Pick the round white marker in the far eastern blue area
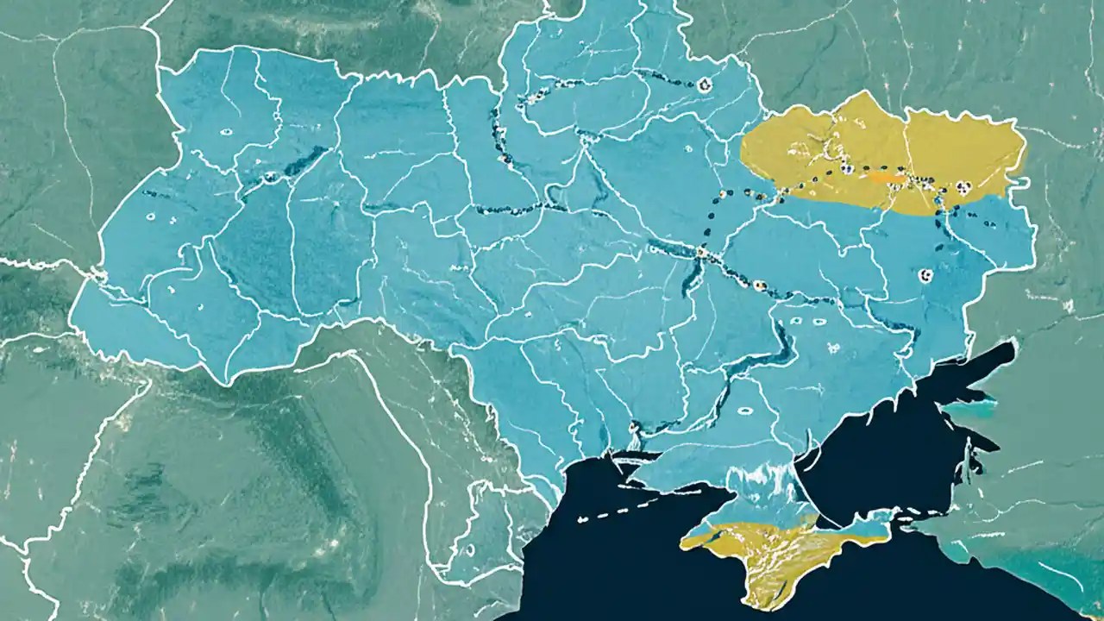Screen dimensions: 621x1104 tap(926, 275)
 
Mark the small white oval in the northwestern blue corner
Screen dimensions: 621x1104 tap(226, 132)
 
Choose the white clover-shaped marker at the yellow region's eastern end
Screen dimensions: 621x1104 tap(963, 186)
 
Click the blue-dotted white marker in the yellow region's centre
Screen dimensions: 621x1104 tap(847, 169)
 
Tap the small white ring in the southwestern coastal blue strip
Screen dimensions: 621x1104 tap(470, 549)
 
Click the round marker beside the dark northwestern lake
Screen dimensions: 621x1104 tap(270, 177)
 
